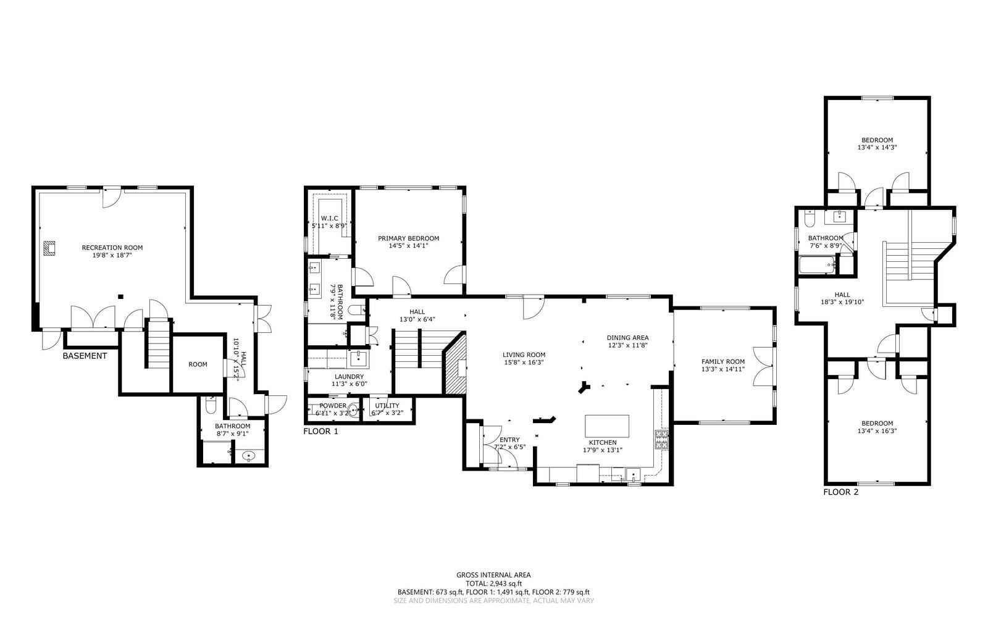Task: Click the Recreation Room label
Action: click(112, 248)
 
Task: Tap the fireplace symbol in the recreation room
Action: click(49, 248)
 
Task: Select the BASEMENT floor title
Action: click(85, 356)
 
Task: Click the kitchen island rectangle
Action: click(607, 426)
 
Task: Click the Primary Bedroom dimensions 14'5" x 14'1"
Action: click(408, 246)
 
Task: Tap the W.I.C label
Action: click(327, 219)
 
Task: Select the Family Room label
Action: click(722, 362)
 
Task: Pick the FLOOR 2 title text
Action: click(840, 492)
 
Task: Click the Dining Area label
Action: click(627, 338)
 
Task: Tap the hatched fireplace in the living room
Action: click(456, 365)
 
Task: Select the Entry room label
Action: click(510, 440)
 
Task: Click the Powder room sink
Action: click(353, 409)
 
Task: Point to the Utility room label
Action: click(387, 406)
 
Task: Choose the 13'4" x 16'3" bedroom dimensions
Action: click(877, 431)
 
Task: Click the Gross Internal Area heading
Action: click(493, 575)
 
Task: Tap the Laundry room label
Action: click(349, 377)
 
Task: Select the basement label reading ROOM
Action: click(198, 364)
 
